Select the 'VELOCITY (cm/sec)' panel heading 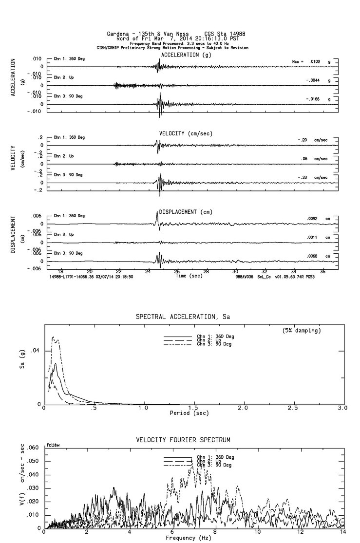click(x=186, y=133)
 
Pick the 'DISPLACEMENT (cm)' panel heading click(x=186, y=212)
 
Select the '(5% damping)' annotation click(x=302, y=331)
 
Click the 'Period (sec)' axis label click(x=189, y=413)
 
